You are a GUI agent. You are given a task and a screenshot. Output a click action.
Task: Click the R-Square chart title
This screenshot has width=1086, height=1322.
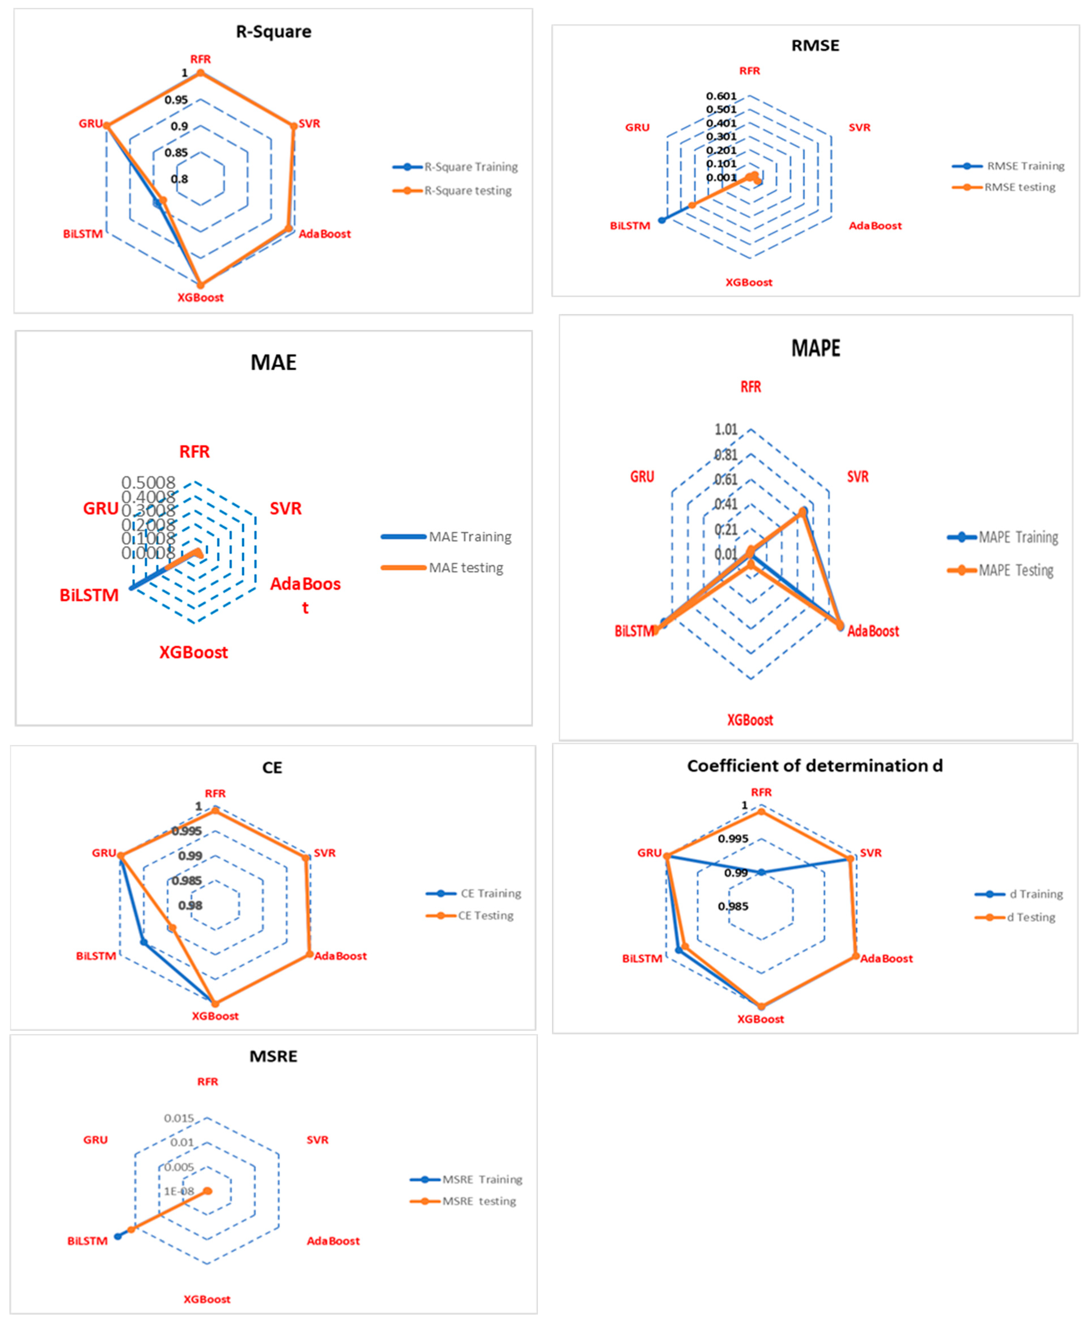click(273, 31)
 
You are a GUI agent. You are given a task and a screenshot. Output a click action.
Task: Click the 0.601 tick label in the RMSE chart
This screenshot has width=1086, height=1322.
click(721, 96)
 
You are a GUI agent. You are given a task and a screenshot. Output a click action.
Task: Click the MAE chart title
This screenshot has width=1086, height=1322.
click(273, 362)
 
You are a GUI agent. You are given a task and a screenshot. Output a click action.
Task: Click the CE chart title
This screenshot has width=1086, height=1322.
click(272, 768)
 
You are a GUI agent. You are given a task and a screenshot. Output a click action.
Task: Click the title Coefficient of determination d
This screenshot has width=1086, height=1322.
click(814, 766)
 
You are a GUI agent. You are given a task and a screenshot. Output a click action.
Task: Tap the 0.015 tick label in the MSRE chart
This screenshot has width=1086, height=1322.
click(179, 1118)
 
